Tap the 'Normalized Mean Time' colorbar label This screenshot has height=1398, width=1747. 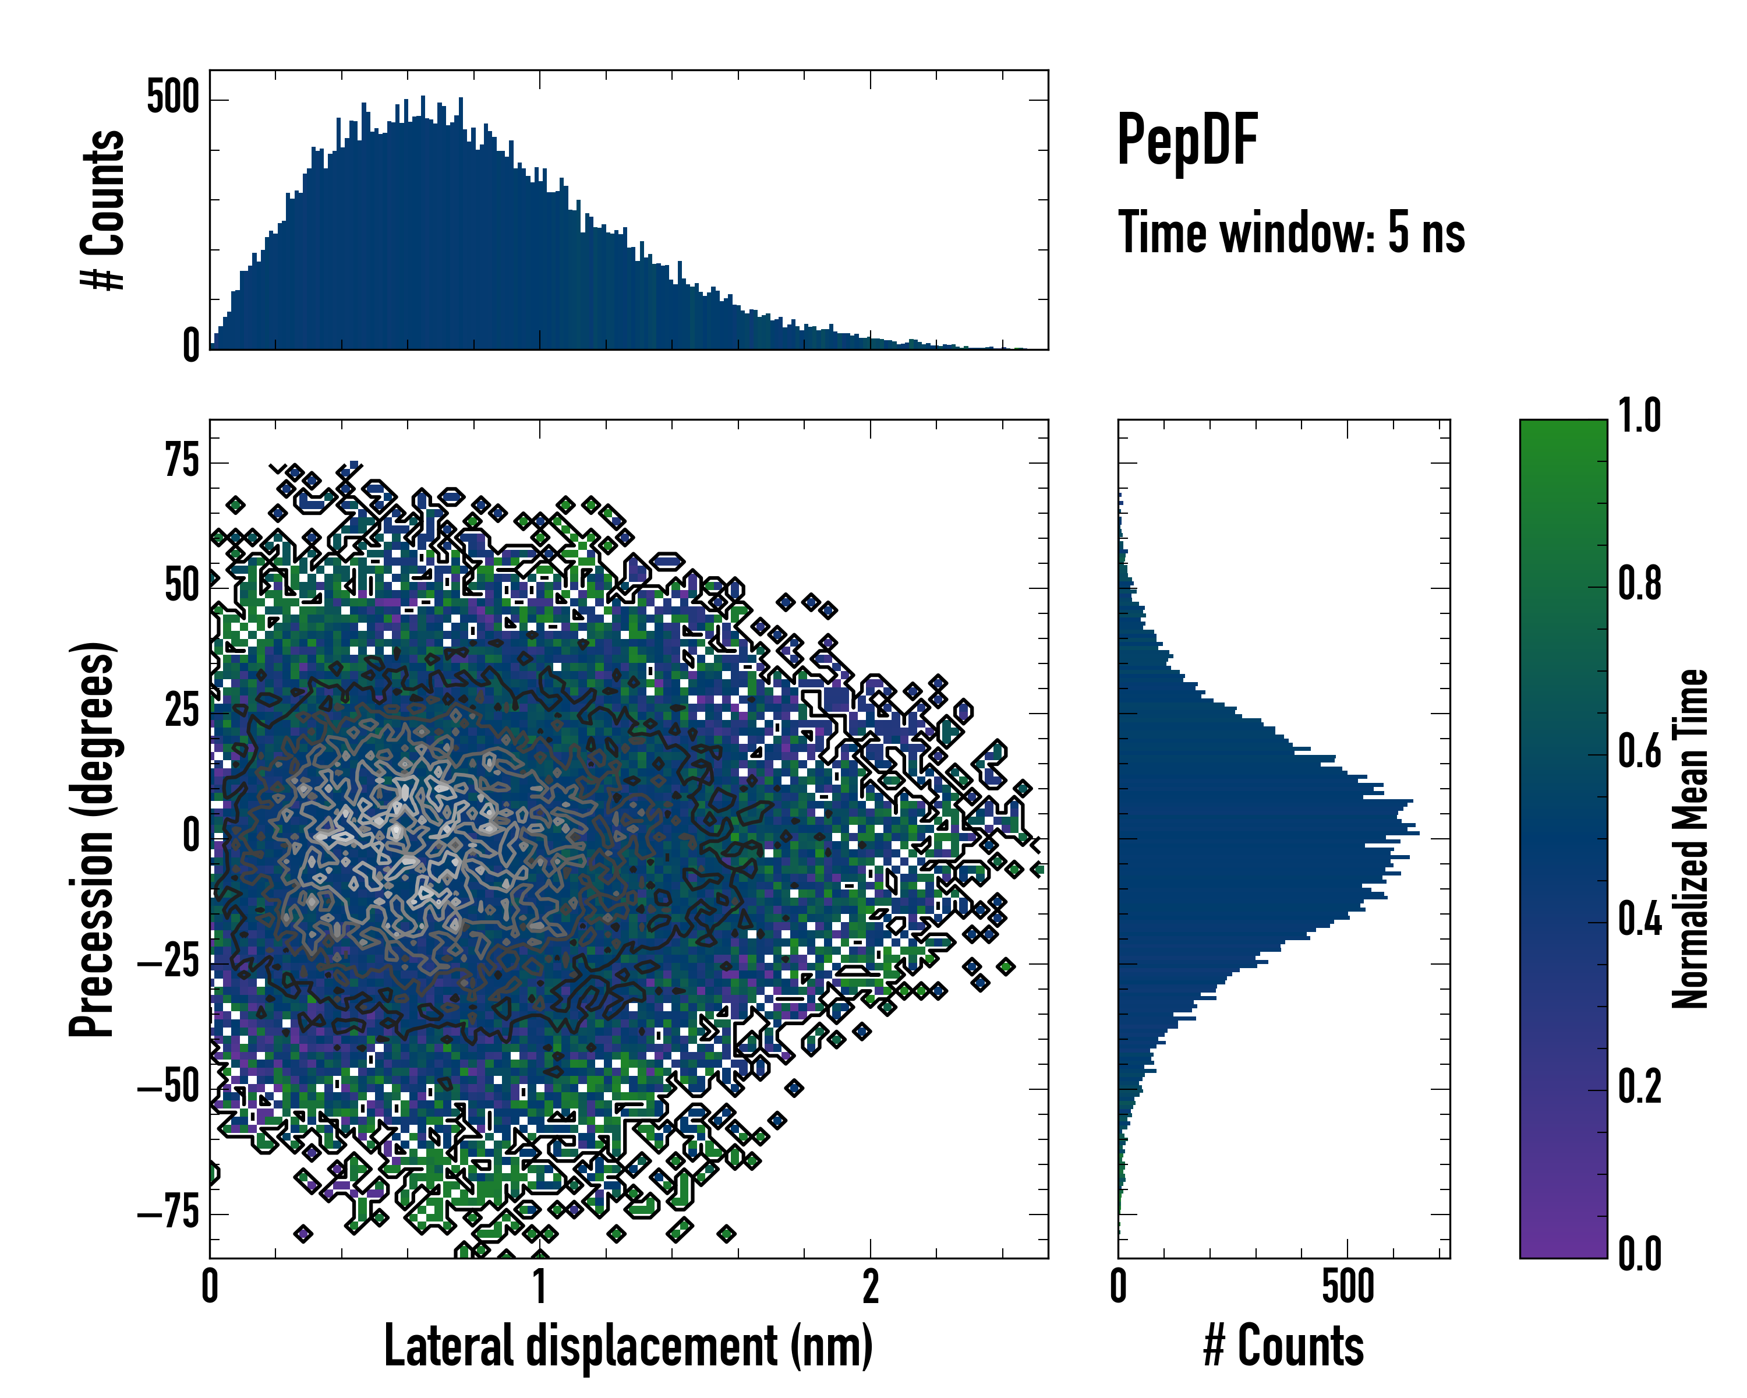1691,839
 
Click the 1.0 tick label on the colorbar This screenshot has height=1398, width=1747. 1640,416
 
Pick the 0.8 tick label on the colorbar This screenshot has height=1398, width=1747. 1640,584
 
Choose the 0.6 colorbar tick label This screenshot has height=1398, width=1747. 1640,751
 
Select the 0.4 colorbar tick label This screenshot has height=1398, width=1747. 1640,920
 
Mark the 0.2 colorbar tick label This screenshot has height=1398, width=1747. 1640,1088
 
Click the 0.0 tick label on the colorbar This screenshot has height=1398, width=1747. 1640,1255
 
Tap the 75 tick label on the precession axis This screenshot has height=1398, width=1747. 182,462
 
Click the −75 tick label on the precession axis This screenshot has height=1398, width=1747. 168,1213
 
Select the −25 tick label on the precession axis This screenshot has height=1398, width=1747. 168,963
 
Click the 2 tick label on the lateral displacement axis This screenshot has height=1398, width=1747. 870,1287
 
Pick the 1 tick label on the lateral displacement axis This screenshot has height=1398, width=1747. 540,1287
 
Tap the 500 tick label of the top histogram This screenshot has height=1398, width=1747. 172,99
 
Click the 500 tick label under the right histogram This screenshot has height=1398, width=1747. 1348,1287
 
